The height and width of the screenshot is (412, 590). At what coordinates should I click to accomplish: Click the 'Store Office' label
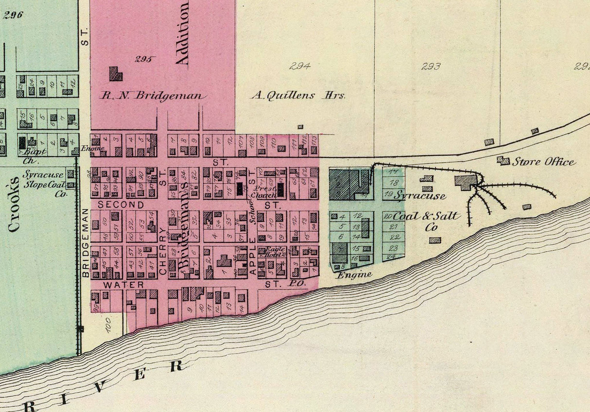coord(544,162)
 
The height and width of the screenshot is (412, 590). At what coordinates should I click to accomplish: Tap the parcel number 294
coord(299,66)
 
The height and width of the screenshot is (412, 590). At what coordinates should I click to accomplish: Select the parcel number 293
coord(431,66)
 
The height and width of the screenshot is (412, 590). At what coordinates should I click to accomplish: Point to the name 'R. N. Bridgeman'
coord(153,96)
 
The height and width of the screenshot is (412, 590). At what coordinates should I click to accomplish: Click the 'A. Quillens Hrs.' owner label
coord(298,96)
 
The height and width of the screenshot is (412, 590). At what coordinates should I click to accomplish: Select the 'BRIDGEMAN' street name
coord(86,242)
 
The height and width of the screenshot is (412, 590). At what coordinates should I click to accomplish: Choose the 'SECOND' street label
coord(121,205)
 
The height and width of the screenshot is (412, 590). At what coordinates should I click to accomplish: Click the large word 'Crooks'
coord(14,204)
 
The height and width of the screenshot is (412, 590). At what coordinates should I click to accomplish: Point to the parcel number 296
coord(13,15)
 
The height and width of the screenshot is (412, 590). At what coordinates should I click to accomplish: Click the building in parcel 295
coord(115,73)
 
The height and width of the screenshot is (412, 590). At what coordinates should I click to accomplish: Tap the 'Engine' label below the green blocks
coord(354,275)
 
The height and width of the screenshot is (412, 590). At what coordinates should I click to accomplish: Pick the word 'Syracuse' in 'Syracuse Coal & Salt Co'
coord(420,196)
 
